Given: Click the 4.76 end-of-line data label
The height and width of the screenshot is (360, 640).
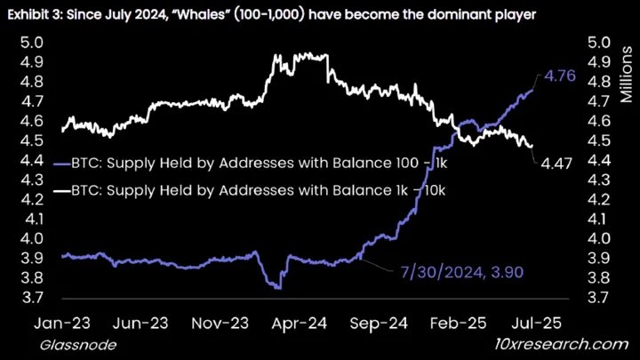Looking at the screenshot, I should [x=562, y=77].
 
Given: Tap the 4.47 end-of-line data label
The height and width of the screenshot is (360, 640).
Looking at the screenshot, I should [x=556, y=161].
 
